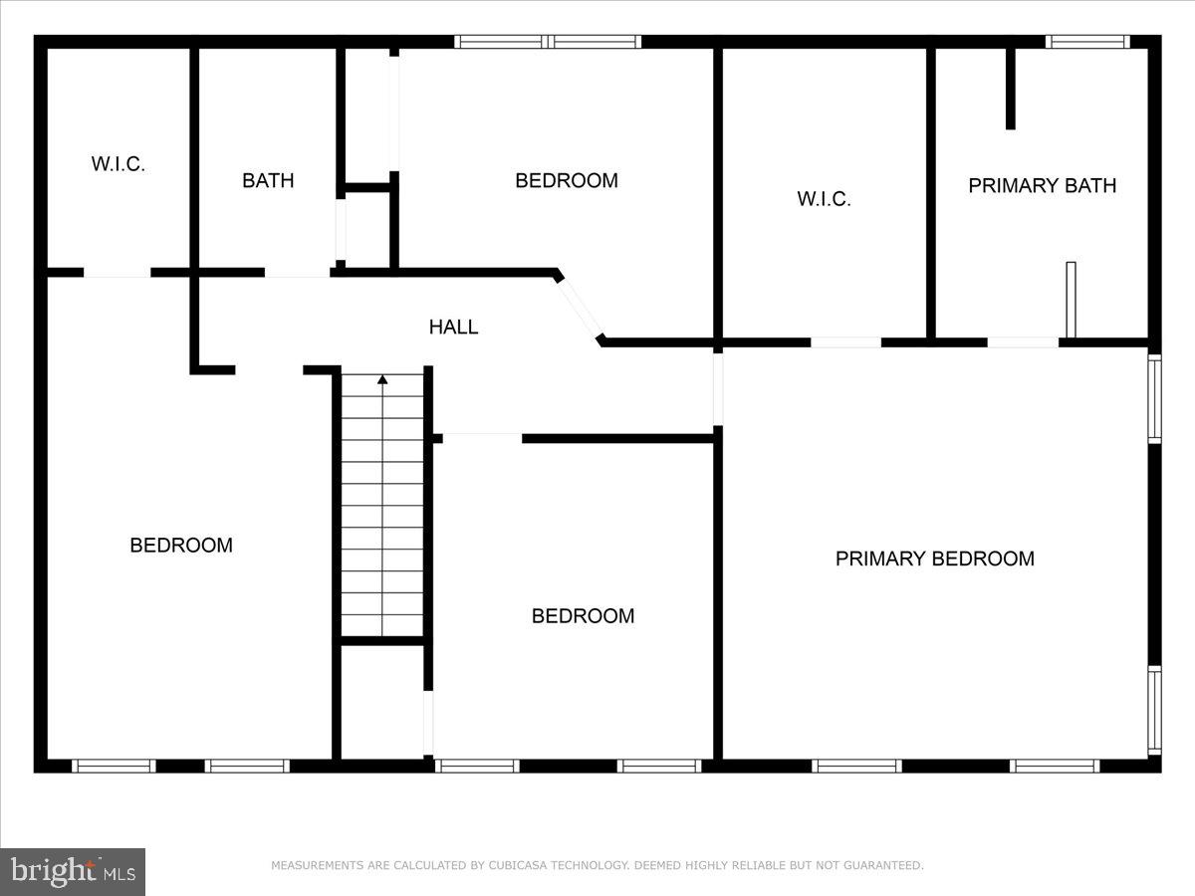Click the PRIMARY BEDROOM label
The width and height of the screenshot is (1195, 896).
(x=934, y=559)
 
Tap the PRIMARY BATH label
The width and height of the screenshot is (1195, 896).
(x=1042, y=185)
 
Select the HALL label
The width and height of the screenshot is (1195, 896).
(x=453, y=327)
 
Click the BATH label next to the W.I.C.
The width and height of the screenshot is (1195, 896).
(x=268, y=180)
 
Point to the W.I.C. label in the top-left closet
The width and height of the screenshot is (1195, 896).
(x=119, y=164)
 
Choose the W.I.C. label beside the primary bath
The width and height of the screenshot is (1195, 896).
(x=824, y=199)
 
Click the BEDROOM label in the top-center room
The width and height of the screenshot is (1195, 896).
(x=566, y=180)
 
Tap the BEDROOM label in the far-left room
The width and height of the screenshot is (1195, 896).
(x=181, y=545)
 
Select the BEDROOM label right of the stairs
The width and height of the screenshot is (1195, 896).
(x=583, y=615)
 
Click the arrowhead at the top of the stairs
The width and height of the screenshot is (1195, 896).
(x=382, y=378)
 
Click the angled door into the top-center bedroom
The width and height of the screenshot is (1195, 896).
(x=580, y=308)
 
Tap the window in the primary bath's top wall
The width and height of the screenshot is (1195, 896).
(x=1087, y=42)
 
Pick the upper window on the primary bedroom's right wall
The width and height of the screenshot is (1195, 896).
(x=1154, y=398)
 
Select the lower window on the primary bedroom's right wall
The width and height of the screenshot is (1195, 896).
(x=1154, y=709)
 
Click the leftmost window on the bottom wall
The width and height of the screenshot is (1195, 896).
(x=114, y=766)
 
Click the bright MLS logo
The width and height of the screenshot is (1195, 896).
(x=73, y=871)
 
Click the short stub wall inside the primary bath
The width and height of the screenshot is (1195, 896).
(x=1010, y=88)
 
